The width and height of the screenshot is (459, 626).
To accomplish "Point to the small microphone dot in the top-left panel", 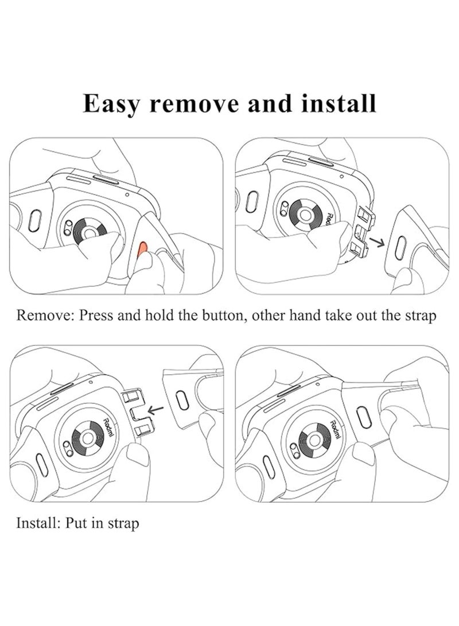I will tap(126, 193).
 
